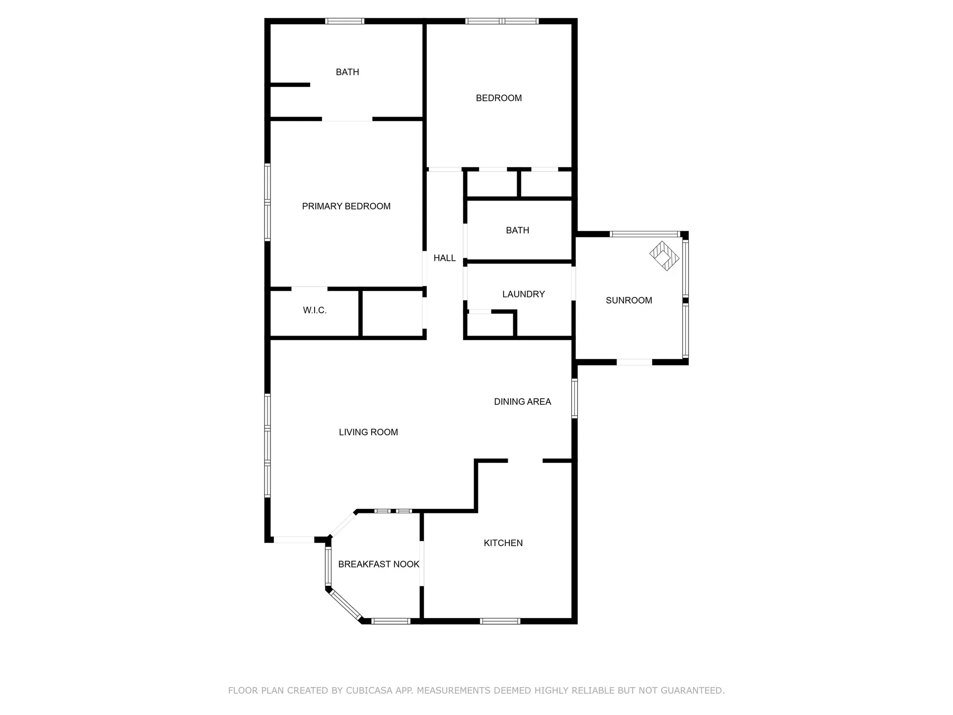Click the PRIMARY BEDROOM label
(x=346, y=206)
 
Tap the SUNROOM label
(x=629, y=300)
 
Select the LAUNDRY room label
(x=523, y=294)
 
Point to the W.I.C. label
(x=315, y=310)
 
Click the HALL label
(x=444, y=258)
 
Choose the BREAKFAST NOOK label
(x=379, y=564)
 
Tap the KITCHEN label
(x=503, y=543)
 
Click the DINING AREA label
(x=522, y=402)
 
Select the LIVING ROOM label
(x=368, y=432)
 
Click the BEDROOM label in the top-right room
(x=499, y=98)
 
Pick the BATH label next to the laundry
(x=517, y=230)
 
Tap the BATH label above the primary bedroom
(x=347, y=72)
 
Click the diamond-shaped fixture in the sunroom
(x=664, y=256)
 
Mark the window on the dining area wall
(x=574, y=398)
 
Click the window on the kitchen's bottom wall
(x=500, y=621)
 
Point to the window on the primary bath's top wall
(x=344, y=21)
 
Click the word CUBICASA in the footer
(x=369, y=690)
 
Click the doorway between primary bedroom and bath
(x=347, y=119)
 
